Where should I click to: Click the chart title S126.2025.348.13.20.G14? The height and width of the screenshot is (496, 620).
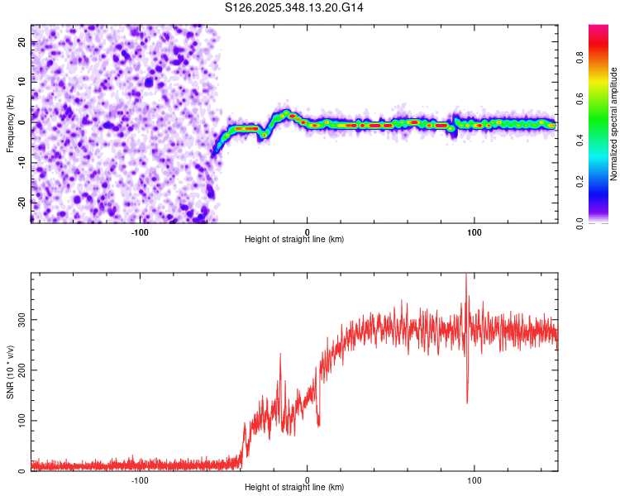(x=294, y=7)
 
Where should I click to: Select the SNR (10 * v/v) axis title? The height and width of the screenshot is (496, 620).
(x=10, y=373)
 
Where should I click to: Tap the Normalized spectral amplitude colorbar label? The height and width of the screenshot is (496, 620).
(x=614, y=124)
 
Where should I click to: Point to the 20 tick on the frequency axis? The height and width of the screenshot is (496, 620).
(x=23, y=43)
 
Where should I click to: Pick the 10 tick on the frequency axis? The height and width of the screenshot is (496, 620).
(x=23, y=83)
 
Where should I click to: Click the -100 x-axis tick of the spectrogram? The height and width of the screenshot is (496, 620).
(x=140, y=231)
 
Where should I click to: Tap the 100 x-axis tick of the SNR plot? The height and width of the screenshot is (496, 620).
(x=475, y=479)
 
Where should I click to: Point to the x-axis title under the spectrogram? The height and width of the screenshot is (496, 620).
(x=294, y=239)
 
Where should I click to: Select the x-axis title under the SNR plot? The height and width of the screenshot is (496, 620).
(x=294, y=488)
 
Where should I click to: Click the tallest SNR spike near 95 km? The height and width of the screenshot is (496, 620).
(x=466, y=275)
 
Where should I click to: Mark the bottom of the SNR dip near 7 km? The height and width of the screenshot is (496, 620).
(x=319, y=425)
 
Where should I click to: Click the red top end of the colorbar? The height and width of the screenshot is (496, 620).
(x=599, y=28)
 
